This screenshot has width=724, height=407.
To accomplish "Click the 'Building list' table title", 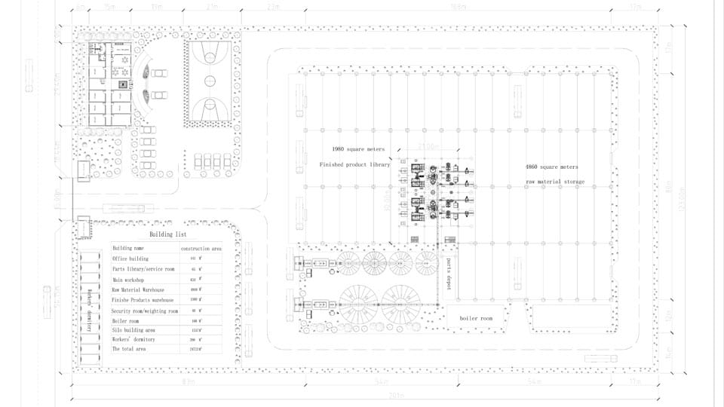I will point(167,234).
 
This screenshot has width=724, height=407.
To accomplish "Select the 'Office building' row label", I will point(130,259).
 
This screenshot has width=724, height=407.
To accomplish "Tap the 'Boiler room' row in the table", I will point(125,321).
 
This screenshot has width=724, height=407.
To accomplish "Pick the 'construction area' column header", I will point(200,248).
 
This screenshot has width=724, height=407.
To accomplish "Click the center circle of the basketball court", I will point(210,81).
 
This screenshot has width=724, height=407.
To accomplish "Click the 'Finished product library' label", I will point(354,164).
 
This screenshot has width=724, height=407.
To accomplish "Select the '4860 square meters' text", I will point(552,167).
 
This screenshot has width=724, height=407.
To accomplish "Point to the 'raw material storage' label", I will point(555,182).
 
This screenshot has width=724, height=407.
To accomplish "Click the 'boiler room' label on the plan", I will point(476,318).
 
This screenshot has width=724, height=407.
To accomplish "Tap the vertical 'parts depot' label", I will point(448,274).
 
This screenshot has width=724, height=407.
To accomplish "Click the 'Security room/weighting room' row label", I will point(144,311).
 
